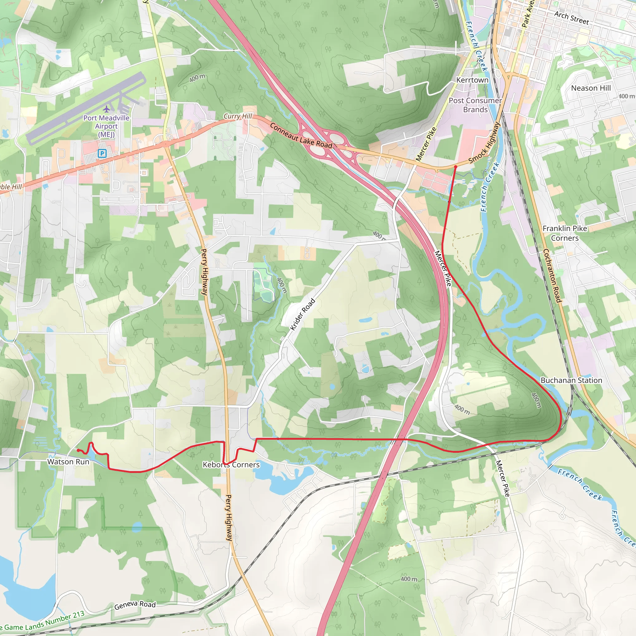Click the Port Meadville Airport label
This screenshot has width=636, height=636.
coord(106,126)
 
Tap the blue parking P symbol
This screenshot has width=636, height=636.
coord(102,153)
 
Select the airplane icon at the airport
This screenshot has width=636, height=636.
coord(106,109)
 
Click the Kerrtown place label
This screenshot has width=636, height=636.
coord(472,80)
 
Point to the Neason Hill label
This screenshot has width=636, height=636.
coord(591,88)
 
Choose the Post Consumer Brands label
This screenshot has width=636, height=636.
coord(475,105)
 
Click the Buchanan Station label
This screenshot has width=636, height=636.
coord(571,380)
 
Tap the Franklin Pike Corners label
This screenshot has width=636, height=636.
coord(565,233)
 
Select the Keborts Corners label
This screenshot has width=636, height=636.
coord(231,465)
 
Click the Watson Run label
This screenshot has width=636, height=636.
coord(68,461)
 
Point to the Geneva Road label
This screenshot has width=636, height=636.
coord(135,605)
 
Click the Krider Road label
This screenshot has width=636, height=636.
coord(302,314)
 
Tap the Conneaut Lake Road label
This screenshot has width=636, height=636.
coord(301,135)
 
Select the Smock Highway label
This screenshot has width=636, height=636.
coord(484,143)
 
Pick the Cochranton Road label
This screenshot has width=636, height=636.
coord(552,275)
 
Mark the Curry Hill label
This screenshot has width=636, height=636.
coord(238,116)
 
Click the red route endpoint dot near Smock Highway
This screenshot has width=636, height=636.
coord(455,167)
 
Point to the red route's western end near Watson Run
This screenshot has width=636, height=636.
coord(77,450)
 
